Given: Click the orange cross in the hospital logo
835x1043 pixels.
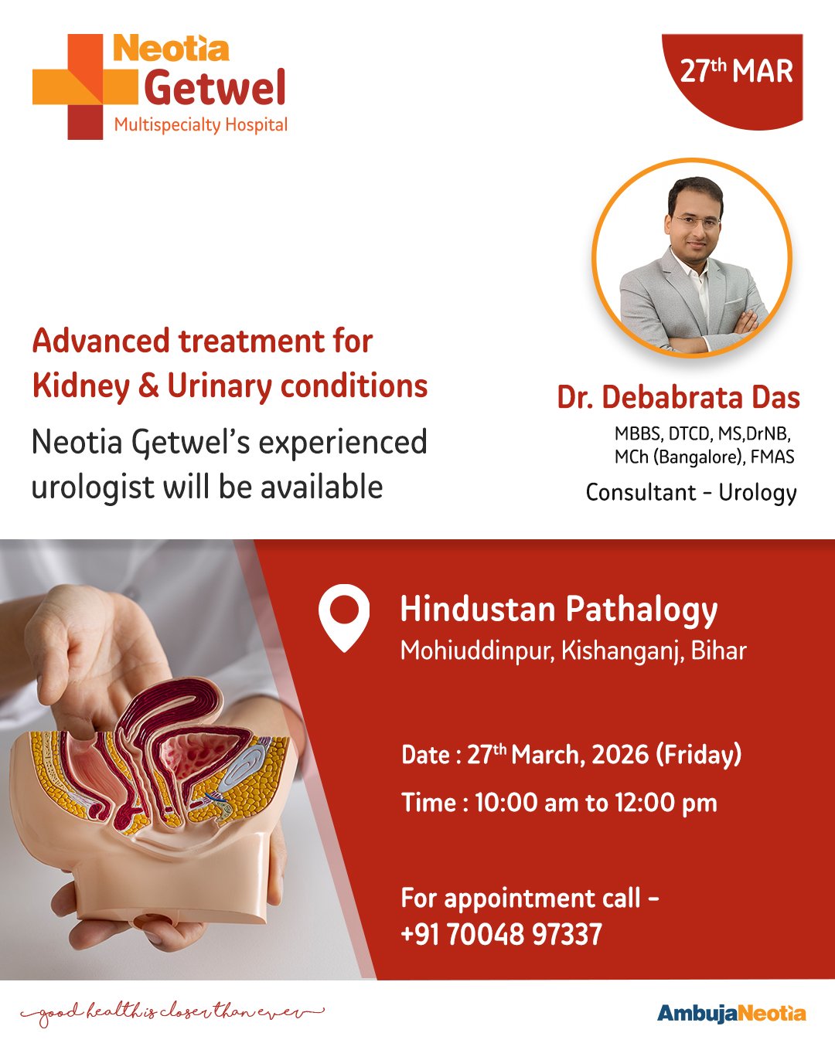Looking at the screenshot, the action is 85,87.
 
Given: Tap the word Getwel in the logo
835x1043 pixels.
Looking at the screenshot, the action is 214,88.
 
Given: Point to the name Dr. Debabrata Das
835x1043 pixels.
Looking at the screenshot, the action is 678,397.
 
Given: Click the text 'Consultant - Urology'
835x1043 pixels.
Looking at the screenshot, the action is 691,493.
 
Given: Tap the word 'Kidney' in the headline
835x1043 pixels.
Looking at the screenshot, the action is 81,387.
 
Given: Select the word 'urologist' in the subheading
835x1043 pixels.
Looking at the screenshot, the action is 92,488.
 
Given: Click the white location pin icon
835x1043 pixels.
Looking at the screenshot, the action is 344,617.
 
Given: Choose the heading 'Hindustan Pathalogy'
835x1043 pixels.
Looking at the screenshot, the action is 558,610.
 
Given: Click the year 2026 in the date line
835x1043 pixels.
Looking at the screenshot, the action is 620,754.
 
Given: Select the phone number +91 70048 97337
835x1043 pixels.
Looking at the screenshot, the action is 501,934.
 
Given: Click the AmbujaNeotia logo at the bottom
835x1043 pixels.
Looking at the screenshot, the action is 731,1014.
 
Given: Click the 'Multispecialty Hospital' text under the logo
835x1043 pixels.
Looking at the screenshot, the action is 201,125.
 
